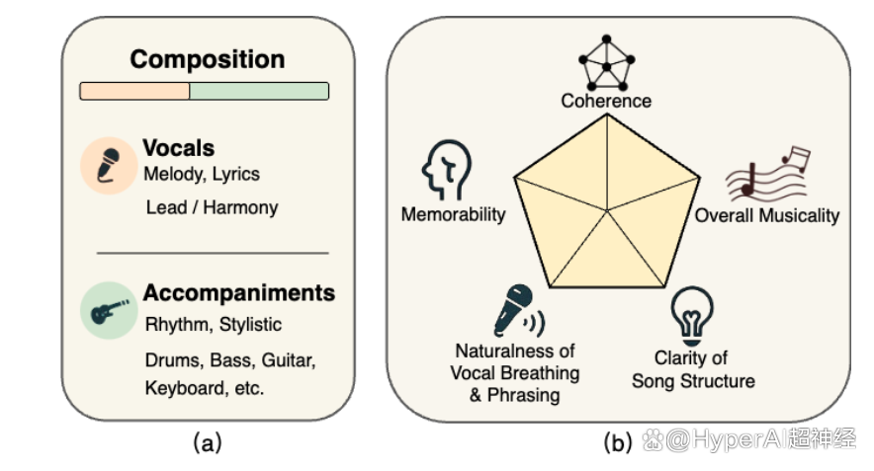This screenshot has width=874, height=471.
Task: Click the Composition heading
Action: pyautogui.click(x=208, y=59)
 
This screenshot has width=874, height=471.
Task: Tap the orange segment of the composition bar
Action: pyautogui.click(x=134, y=91)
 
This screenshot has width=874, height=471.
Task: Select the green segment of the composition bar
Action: pyautogui.click(x=259, y=91)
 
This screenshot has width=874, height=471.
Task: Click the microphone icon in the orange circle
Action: pyautogui.click(x=109, y=165)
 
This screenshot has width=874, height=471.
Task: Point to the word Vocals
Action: pyautogui.click(x=178, y=148)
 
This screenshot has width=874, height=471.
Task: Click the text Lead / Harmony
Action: pyautogui.click(x=212, y=207)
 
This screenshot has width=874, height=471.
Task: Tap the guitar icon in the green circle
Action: pyautogui.click(x=109, y=311)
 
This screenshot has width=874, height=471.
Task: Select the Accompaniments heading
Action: pyautogui.click(x=239, y=293)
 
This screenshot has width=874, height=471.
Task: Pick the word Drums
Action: pyautogui.click(x=174, y=360)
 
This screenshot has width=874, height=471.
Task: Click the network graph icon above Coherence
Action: pyautogui.click(x=606, y=62)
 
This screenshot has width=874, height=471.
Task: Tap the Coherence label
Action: pyautogui.click(x=606, y=101)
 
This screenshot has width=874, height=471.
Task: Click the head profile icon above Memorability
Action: pyautogui.click(x=446, y=170)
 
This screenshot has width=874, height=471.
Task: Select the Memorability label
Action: pyautogui.click(x=453, y=214)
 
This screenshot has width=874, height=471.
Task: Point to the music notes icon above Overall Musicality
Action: pyautogui.click(x=767, y=173)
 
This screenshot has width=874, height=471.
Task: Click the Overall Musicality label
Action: pyautogui.click(x=767, y=215)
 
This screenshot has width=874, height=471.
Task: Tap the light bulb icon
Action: pyautogui.click(x=692, y=316)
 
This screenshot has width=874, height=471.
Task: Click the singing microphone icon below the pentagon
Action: pyautogui.click(x=518, y=310)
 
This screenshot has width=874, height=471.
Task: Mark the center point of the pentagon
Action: pyautogui.click(x=606, y=210)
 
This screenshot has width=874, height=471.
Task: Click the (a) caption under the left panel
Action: pyautogui.click(x=208, y=443)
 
